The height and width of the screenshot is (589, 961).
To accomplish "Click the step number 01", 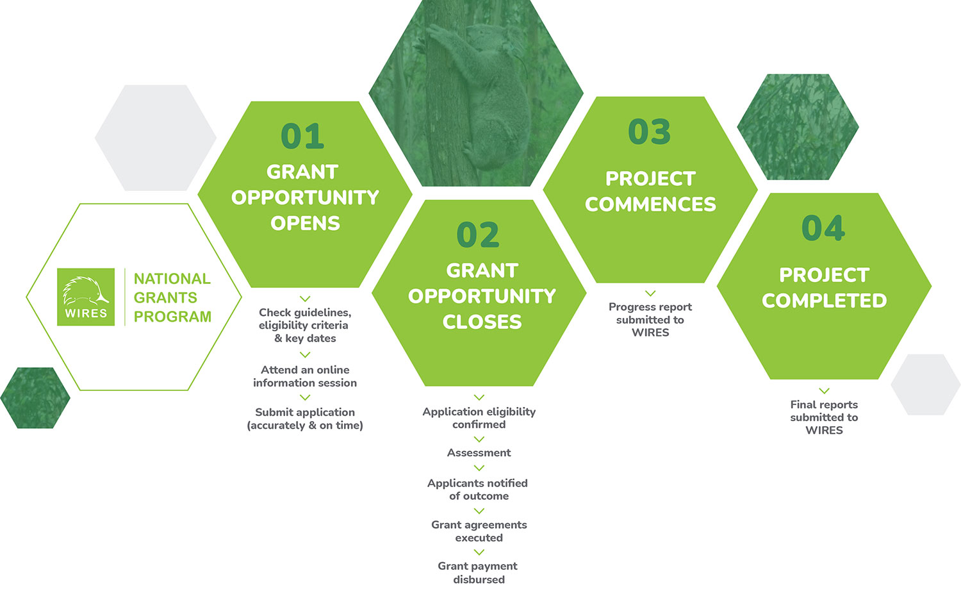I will click(302, 137).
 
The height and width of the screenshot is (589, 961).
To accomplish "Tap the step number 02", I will click(478, 235).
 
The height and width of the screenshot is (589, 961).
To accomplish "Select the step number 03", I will click(649, 132).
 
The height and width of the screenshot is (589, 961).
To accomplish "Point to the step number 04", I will click(823, 228).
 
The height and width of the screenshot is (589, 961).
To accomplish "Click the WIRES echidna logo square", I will click(86, 297).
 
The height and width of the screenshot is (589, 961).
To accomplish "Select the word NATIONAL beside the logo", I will click(172, 279).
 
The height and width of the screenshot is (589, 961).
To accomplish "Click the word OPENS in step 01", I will click(305, 223).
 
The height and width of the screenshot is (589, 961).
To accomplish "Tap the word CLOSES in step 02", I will click(482, 322).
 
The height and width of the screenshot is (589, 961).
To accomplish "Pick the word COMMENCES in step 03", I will click(650, 204).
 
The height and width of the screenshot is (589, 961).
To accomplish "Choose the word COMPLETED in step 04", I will click(824, 301).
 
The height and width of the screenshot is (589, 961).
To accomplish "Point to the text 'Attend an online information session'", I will click(305, 376).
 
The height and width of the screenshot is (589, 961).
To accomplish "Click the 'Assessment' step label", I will click(479, 452).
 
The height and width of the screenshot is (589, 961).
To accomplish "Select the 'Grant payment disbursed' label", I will click(478, 572).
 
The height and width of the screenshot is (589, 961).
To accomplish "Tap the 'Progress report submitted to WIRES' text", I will click(650, 319).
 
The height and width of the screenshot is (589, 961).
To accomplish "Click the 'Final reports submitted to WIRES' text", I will click(824, 417).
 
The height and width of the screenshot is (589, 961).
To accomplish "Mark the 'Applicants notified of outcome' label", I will click(478, 489).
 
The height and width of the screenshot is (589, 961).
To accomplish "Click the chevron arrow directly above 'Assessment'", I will click(479, 439).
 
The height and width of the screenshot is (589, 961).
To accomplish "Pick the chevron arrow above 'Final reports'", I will click(824, 390).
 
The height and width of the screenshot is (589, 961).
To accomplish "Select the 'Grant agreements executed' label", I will click(479, 531).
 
